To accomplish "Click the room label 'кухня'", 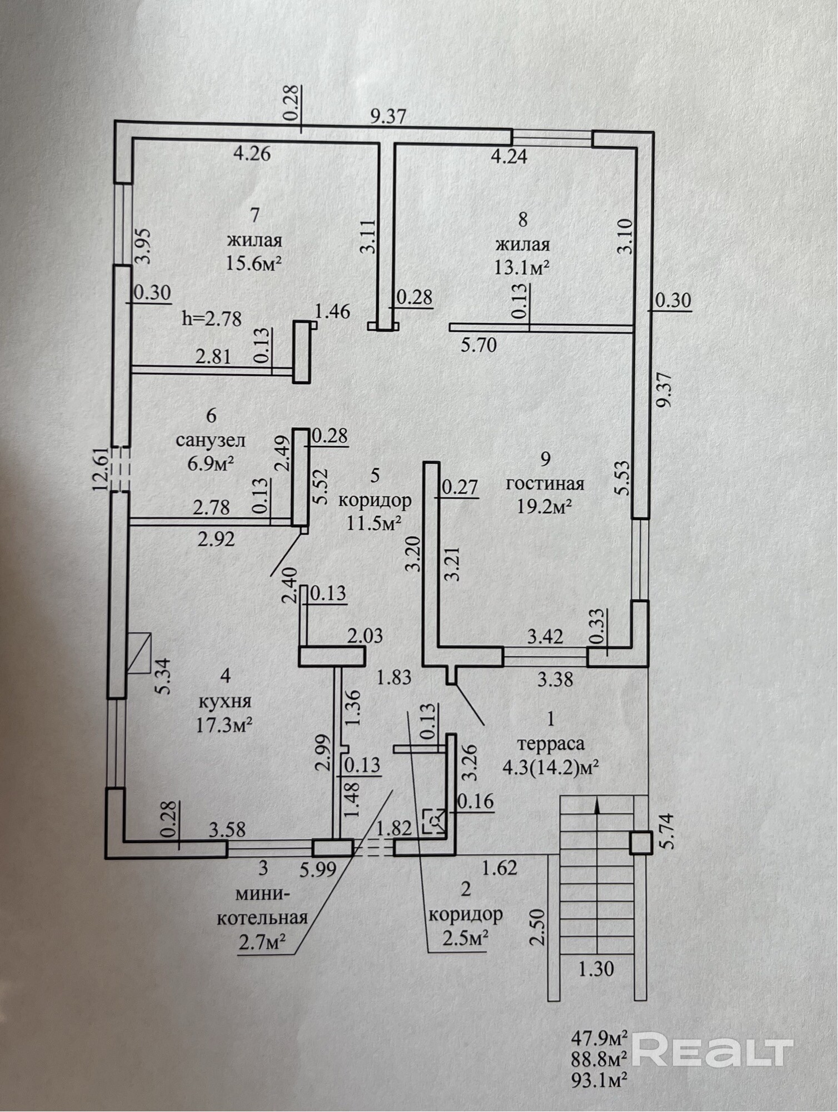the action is coord(225,701).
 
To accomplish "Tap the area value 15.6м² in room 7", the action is coord(254,263).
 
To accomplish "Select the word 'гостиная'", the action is coord(545,483).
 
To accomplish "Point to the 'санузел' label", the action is coord(211,441).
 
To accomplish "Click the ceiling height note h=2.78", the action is coord(212,319).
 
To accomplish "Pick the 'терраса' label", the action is coord(551,744).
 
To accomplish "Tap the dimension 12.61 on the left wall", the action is coord(101,468).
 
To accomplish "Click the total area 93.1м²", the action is coord(600,1080).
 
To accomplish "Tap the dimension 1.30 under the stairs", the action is coord(596,969).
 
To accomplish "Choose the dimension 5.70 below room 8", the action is coord(479,346).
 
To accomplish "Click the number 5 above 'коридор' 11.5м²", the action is coord(375,475).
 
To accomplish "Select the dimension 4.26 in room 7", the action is coord(252,153).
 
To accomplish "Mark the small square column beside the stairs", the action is coord(641,844).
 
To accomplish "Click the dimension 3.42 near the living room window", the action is coord(545,636).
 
